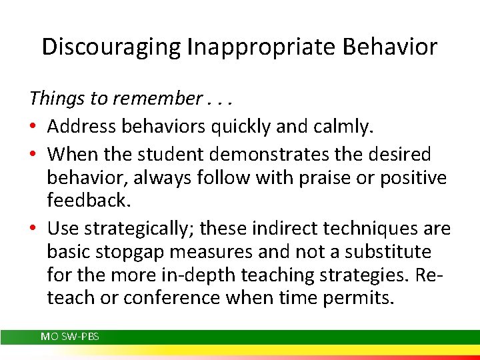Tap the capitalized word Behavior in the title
[395, 47]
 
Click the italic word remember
[156, 99]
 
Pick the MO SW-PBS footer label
[69, 337]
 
